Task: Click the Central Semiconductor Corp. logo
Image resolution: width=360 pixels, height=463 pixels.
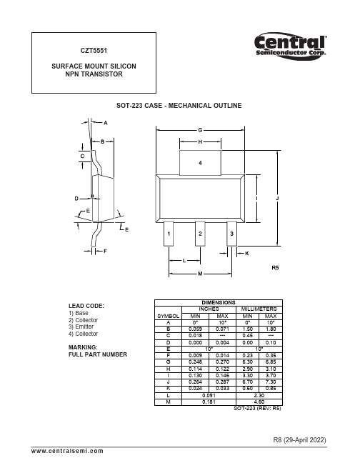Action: [291, 46]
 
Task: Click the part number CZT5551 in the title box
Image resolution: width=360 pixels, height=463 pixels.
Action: [94, 51]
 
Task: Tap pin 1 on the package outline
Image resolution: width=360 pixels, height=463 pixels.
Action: [169, 234]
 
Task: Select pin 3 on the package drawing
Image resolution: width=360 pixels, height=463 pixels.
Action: [231, 234]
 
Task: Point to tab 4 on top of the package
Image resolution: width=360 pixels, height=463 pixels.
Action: [200, 163]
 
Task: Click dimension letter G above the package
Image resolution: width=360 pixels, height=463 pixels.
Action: [200, 130]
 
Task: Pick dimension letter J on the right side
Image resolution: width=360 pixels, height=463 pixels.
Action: [277, 199]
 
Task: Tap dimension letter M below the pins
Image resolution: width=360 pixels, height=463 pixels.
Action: [200, 274]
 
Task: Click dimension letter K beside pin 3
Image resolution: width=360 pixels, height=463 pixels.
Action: [247, 254]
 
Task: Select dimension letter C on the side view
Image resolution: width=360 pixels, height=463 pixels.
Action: [82, 156]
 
